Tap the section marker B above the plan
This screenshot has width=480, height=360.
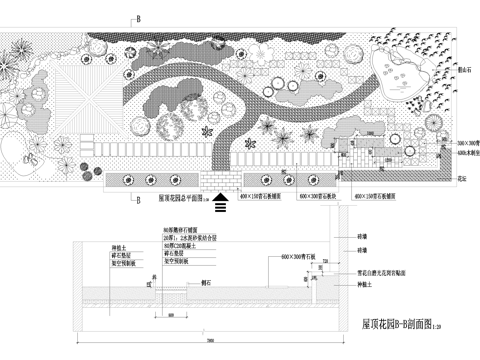[x=138, y=19]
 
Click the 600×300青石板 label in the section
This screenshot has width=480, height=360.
[x=301, y=259]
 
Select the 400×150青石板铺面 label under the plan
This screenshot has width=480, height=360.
[x=379, y=198]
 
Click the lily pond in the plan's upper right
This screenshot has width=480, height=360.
[x=396, y=75]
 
